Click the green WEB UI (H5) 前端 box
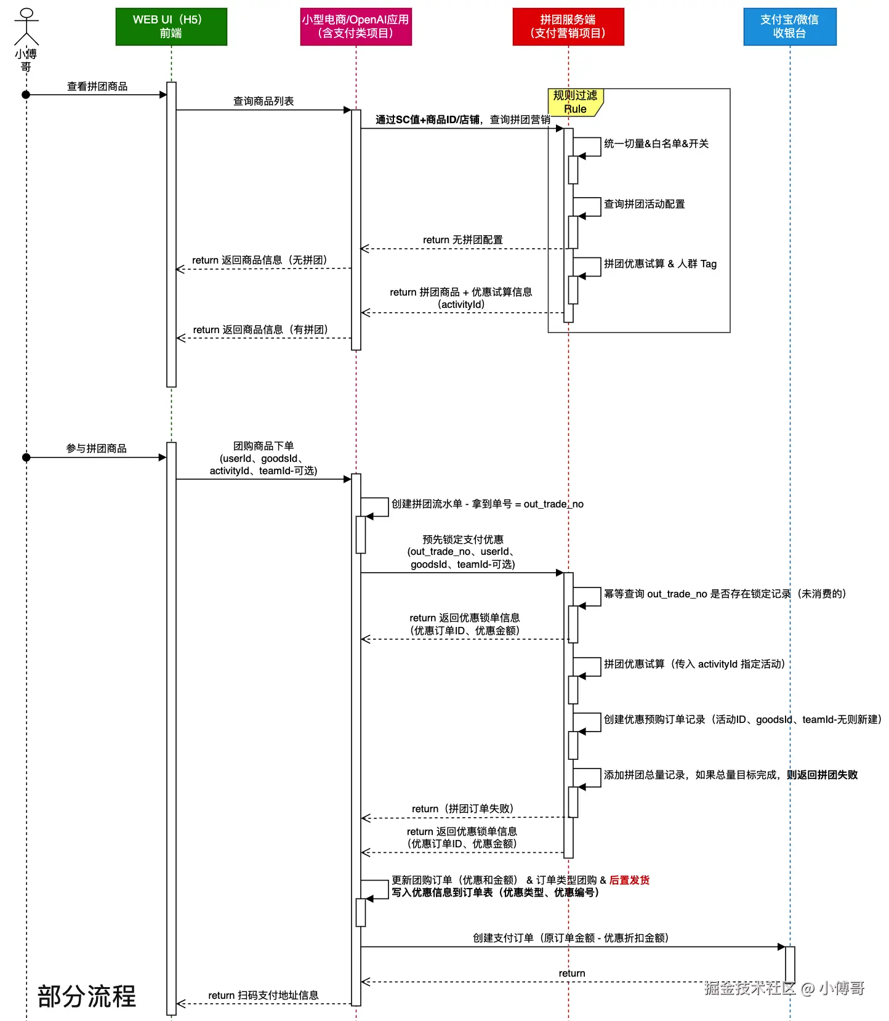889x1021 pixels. pos(171,26)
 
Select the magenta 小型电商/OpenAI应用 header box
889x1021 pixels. pos(356,26)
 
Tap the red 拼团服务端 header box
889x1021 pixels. pos(568,26)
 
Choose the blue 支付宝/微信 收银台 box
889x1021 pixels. pos(790,26)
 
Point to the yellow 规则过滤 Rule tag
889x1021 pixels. pos(575,102)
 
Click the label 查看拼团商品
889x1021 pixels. pos(97,87)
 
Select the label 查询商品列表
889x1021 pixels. pos(263,101)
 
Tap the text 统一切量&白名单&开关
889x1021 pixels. pos(656,143)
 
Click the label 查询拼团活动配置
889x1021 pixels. pos(644,204)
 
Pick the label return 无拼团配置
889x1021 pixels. pos(462,240)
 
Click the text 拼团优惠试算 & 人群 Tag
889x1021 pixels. pos(660,264)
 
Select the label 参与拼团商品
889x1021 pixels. pos(97,448)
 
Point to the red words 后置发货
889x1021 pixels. pos(629,880)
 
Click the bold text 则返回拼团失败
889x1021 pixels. pos(822,775)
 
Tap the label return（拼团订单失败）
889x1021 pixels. pos(462,809)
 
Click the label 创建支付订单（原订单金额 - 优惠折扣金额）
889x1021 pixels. pos(571,938)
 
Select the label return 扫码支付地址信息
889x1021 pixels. pos(263,995)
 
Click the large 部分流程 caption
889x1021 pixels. pos(87,996)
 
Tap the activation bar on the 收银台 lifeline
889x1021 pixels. pos(790,964)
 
